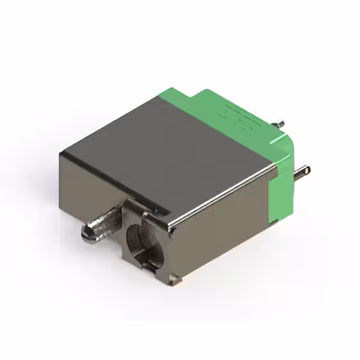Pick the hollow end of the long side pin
307,168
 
